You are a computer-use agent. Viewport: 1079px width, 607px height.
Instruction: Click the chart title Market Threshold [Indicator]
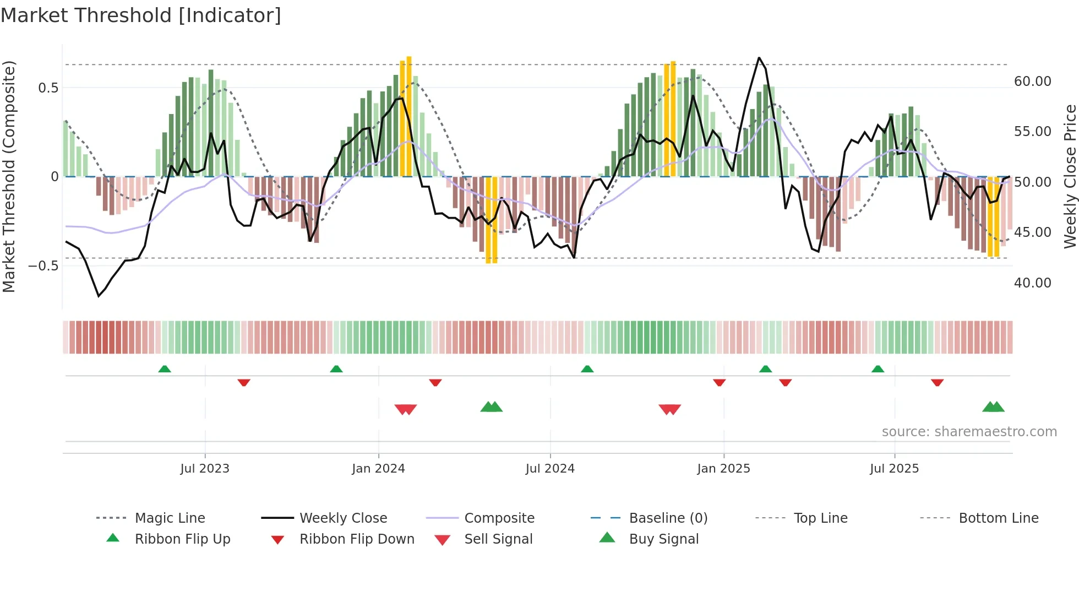tap(141, 15)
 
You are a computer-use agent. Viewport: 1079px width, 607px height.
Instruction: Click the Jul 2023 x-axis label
tap(205, 469)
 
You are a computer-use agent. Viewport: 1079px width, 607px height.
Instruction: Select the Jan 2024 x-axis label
tap(378, 469)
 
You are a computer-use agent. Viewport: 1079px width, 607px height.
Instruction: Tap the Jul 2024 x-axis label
tap(550, 469)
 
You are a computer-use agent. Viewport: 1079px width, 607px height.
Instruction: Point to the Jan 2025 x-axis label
tap(723, 469)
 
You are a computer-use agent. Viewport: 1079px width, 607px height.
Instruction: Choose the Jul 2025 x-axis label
tap(894, 469)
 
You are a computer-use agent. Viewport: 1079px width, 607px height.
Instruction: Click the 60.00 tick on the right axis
tap(1032, 82)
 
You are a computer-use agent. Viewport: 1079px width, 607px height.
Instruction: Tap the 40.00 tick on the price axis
tap(1032, 283)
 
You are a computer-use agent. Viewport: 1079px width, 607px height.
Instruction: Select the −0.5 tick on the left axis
tap(43, 266)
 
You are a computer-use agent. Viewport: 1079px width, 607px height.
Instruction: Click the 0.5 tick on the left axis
tap(48, 88)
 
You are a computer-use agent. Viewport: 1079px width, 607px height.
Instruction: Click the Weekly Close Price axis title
tap(1070, 176)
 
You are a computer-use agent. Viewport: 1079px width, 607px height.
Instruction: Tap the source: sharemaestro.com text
tap(969, 432)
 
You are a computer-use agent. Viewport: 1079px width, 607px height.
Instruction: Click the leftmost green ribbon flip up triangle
tap(165, 369)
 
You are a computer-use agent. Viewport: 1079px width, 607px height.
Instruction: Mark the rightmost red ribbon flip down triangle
tap(937, 382)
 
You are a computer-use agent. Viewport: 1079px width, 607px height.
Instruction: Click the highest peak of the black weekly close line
tap(759, 58)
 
